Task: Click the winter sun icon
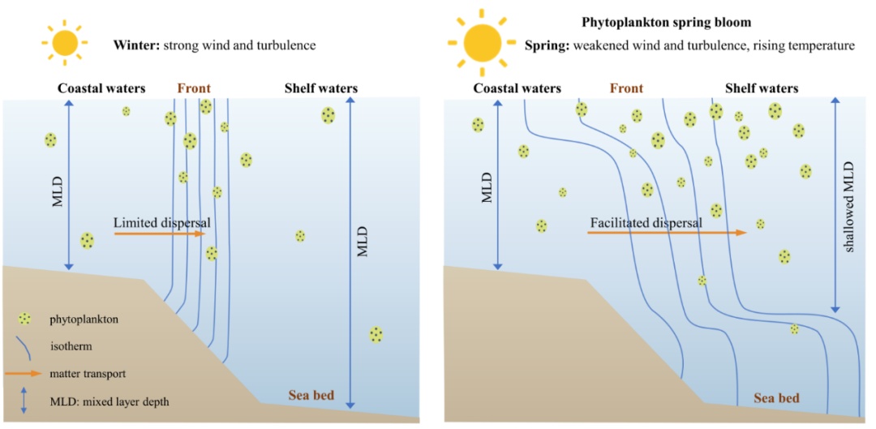coord(66,41)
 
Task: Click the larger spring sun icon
coord(483,42)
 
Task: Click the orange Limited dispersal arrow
coord(159,234)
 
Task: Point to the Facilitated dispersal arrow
coord(666,233)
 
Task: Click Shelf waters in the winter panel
coord(320,88)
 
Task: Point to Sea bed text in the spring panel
coord(776,398)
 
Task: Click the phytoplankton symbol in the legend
coord(26,319)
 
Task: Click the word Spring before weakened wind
coord(547,45)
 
